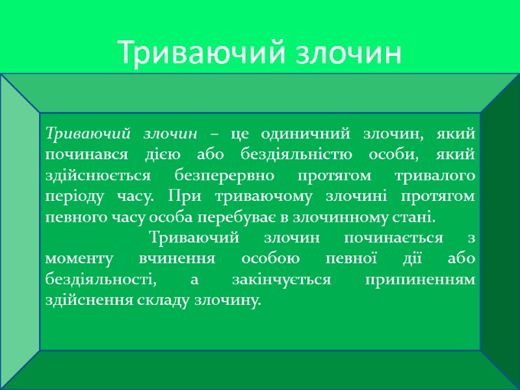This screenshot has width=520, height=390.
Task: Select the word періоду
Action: [71, 196]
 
